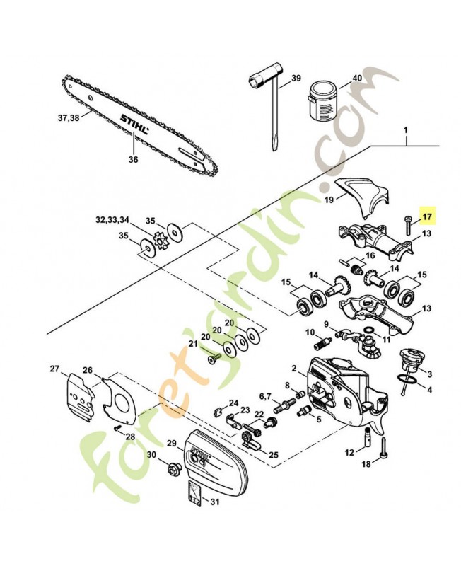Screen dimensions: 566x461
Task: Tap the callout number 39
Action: click(296, 79)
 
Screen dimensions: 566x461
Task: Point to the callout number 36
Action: click(134, 159)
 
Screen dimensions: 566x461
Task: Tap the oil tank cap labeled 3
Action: click(409, 358)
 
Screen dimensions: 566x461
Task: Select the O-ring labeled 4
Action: click(405, 383)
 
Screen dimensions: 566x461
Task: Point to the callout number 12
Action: click(349, 452)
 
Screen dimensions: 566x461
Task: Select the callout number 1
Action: click(407, 131)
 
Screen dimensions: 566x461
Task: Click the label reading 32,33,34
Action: click(114, 220)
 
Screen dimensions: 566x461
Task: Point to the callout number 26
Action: click(87, 370)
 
